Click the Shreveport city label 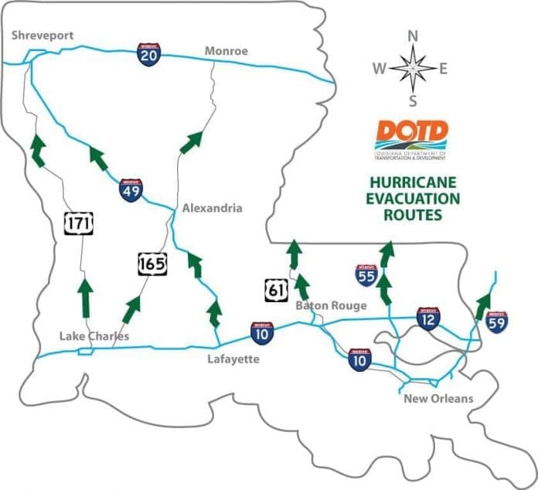click(42, 36)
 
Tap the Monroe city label click(226, 51)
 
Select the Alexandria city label click(213, 208)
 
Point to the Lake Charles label click(94, 336)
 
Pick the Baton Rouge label click(332, 306)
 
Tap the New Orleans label click(438, 399)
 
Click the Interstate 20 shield click(148, 54)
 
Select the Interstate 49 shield click(131, 190)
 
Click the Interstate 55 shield click(367, 276)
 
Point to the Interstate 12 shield click(428, 317)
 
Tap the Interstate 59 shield click(498, 320)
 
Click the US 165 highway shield click(151, 264)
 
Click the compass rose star click(413, 68)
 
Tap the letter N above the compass click(413, 36)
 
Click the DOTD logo click(413, 139)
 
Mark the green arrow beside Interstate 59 click(484, 304)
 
